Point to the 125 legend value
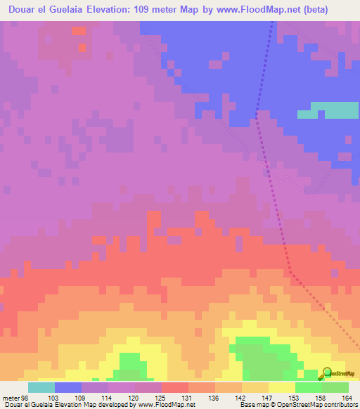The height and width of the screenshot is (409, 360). coord(134,397)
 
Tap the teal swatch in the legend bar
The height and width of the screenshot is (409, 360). coord(41,387)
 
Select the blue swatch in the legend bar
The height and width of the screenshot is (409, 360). coord(68,387)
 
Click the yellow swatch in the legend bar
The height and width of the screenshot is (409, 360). coord(281,387)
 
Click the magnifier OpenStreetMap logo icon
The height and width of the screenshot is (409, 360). coord(326,374)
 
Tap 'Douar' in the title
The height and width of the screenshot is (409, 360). coord(26,11)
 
